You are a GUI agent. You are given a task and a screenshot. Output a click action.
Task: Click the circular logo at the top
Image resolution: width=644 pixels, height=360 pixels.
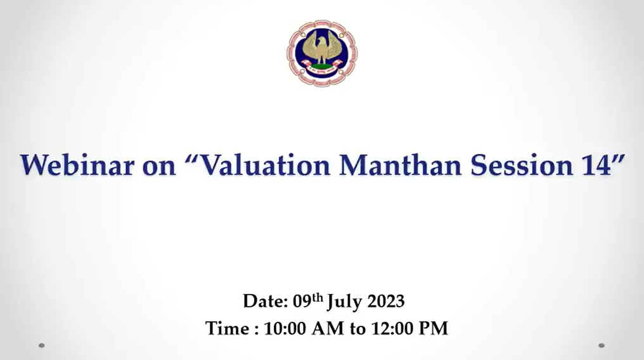pyautogui.click(x=322, y=53)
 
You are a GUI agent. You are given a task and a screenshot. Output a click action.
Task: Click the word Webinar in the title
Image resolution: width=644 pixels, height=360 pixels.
pyautogui.click(x=77, y=165)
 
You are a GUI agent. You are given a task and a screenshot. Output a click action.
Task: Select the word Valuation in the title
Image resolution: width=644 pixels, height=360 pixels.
pyautogui.click(x=266, y=165)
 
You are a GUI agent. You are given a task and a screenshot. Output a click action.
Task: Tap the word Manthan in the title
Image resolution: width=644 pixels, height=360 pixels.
pyautogui.click(x=401, y=165)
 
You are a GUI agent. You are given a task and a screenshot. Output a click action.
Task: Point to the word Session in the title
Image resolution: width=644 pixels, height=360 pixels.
pyautogui.click(x=521, y=165)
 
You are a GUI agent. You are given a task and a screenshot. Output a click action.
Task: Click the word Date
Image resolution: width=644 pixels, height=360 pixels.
pyautogui.click(x=266, y=301)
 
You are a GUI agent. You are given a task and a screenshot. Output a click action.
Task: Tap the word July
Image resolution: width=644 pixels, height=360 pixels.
pyautogui.click(x=344, y=302)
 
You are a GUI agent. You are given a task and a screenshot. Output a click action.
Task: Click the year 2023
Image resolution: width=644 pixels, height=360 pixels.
pyautogui.click(x=385, y=302)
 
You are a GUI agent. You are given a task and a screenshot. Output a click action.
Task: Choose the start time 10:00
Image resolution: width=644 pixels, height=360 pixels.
pyautogui.click(x=285, y=329)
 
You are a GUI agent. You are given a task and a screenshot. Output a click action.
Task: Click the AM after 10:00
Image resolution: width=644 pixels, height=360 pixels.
pyautogui.click(x=328, y=329)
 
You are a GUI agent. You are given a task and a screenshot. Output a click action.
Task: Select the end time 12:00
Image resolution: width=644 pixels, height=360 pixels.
pyautogui.click(x=392, y=329)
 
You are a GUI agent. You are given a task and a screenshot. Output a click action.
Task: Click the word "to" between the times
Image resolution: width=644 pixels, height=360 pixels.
pyautogui.click(x=357, y=330)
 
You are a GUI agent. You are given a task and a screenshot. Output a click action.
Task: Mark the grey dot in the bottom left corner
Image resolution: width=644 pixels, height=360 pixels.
pyautogui.click(x=41, y=345)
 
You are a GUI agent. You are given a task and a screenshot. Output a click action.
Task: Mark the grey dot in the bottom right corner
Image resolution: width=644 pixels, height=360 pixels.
pyautogui.click(x=602, y=345)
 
